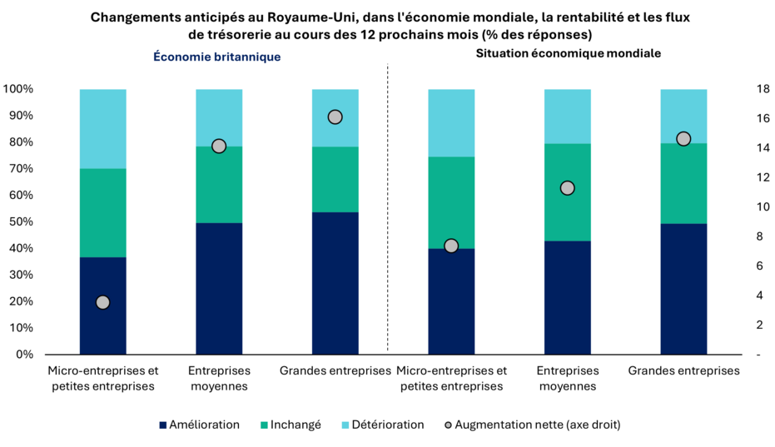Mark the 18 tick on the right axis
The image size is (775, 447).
click(x=738, y=89)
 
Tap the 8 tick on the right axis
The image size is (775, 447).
click(x=738, y=236)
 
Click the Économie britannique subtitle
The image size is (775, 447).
click(x=216, y=57)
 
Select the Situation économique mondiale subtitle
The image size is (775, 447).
click(x=569, y=53)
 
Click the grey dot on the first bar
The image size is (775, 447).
click(x=102, y=302)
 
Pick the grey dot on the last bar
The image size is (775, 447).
click(x=683, y=138)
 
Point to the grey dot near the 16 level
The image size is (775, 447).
click(x=335, y=117)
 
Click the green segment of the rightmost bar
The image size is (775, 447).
click(x=683, y=183)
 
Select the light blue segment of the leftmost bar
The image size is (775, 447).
click(x=102, y=129)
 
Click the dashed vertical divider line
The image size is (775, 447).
click(x=388, y=208)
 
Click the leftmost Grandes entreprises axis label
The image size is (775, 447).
click(x=335, y=370)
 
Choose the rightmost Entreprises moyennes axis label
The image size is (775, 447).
click(x=568, y=378)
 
